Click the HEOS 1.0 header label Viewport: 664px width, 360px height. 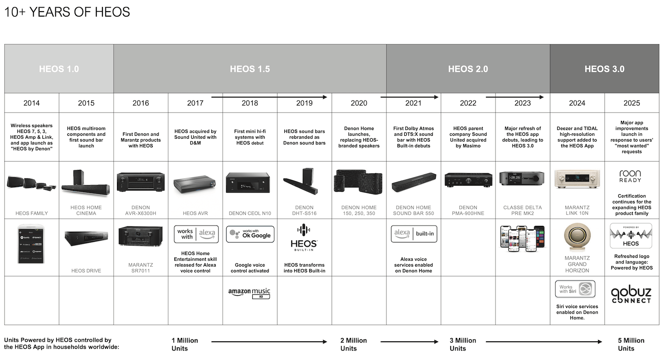pyautogui.click(x=59, y=69)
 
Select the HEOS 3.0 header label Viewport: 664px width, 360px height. pyautogui.click(x=604, y=69)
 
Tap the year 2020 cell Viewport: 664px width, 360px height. pyautogui.click(x=359, y=103)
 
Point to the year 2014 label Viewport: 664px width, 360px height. pyautogui.click(x=32, y=103)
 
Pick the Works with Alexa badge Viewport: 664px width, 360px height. pyautogui.click(x=195, y=234)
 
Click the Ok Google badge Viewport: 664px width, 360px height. pyautogui.click(x=250, y=234)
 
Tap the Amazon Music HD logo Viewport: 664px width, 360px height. pyautogui.click(x=249, y=293)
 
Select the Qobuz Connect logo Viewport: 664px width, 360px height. pyautogui.click(x=631, y=294)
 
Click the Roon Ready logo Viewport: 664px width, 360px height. pyautogui.click(x=630, y=176)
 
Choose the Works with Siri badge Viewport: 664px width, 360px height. pyautogui.click(x=575, y=289)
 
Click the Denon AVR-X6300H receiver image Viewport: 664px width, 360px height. pyautogui.click(x=141, y=182)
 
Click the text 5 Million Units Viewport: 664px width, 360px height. pyautogui.click(x=631, y=344)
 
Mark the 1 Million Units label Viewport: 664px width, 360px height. pyautogui.click(x=185, y=344)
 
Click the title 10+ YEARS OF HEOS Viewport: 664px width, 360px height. pyautogui.click(x=67, y=12)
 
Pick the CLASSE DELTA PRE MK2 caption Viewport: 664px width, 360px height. pyautogui.click(x=522, y=210)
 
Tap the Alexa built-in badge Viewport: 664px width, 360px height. pyautogui.click(x=414, y=234)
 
